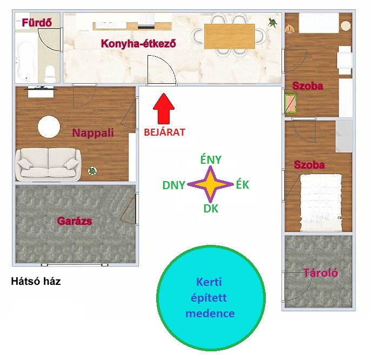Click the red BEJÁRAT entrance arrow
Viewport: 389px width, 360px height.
[164, 109]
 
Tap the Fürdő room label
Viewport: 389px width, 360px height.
[37, 23]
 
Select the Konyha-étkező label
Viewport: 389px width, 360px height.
[138, 44]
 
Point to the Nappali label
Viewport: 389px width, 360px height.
[93, 133]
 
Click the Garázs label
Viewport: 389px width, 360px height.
[75, 221]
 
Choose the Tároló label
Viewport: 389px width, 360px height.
[320, 273]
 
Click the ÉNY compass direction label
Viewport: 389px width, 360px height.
[211, 159]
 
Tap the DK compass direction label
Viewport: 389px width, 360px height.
[211, 209]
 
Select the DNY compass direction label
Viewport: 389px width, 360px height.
[173, 185]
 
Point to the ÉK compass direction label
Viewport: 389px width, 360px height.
[243, 184]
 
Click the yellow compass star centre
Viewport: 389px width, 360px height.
[210, 184]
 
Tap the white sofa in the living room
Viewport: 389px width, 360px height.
[49, 165]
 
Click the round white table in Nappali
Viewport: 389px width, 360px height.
[49, 127]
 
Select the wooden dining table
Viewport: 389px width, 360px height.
[230, 36]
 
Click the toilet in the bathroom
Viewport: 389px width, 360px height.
[50, 74]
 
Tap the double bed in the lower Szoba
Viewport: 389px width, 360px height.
[321, 203]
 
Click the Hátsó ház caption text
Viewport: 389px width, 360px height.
[36, 282]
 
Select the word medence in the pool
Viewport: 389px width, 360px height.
[210, 314]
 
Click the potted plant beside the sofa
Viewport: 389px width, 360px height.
[92, 171]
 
